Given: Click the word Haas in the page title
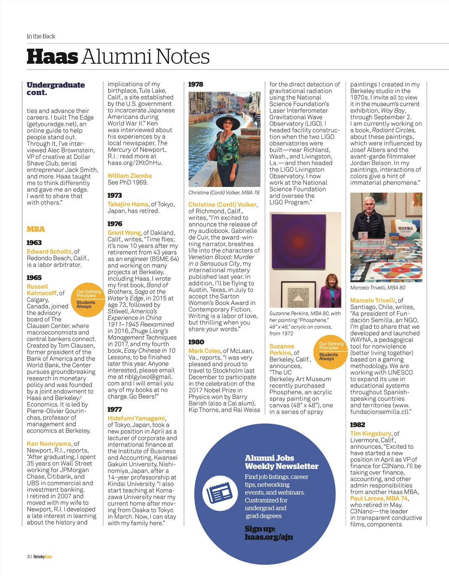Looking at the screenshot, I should tap(52, 57).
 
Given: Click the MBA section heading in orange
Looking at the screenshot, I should tap(36, 229).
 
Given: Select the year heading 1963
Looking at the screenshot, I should tap(34, 243).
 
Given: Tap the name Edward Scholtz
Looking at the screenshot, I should tap(49, 252).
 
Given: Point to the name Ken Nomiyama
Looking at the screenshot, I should tap(49, 444).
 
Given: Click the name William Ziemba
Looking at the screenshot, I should tap(129, 176).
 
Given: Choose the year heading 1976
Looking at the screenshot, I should tap(115, 224).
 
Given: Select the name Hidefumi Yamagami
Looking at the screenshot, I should tap(136, 418).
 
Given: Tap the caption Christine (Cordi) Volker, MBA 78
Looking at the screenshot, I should tap(224, 193).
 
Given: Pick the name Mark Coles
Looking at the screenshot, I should tap(204, 351).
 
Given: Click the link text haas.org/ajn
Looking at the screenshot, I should tap(269, 537).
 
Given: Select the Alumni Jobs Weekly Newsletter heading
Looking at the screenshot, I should tap(281, 462).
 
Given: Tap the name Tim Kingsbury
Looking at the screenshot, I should tap(370, 433).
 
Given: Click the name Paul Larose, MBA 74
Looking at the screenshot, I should tap(379, 499).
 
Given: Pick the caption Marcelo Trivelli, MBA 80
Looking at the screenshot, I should tap(378, 288).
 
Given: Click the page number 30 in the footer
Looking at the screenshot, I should tap(29, 557).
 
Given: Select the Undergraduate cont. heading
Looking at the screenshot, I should tap(55, 89).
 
